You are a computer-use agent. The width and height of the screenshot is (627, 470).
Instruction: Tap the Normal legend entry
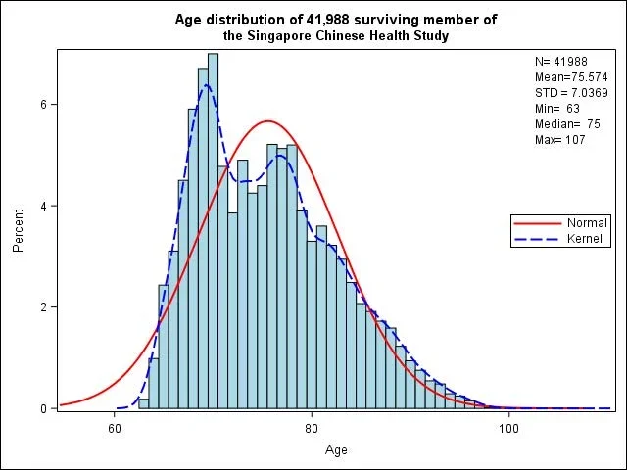coord(587,223)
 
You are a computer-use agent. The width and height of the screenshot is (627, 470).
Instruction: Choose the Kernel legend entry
coord(585,239)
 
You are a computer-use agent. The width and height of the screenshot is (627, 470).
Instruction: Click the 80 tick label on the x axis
coord(312,428)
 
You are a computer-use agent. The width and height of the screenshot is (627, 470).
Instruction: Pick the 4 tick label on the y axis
coord(44,206)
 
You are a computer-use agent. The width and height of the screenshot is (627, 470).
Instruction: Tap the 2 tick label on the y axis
coord(44,307)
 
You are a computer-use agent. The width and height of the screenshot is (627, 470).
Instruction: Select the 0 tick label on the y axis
coord(44,408)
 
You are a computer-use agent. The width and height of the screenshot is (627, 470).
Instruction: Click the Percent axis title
coord(19,230)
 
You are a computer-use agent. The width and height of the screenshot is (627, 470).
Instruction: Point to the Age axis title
coord(336,450)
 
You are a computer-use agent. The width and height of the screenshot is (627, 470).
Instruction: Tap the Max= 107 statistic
coord(559,140)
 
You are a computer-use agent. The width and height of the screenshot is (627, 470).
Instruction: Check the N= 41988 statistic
coord(559,62)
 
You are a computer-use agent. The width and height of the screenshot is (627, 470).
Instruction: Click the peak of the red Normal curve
coord(267,121)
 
